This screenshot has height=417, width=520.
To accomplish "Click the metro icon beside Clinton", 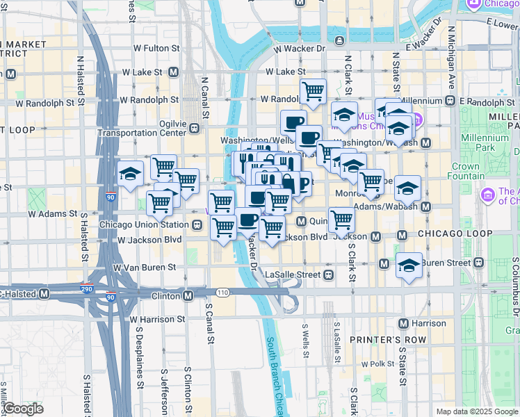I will coord(188,295).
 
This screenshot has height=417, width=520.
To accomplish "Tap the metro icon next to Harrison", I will coord(403,323).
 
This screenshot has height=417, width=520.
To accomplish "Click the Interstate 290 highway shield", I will coord(88,288).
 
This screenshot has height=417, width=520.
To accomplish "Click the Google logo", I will coord(22,409).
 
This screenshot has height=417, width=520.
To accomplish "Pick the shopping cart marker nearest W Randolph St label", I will coord(313,90).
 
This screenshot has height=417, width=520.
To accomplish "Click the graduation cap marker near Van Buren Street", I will coord(409,265).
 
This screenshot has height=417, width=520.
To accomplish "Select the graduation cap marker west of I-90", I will coord(130,174).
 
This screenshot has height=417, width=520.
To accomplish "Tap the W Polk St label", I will coord(378,364).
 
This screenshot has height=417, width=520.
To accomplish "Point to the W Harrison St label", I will coord(157,320).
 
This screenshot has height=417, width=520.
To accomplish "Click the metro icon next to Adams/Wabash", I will coord(425,206).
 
